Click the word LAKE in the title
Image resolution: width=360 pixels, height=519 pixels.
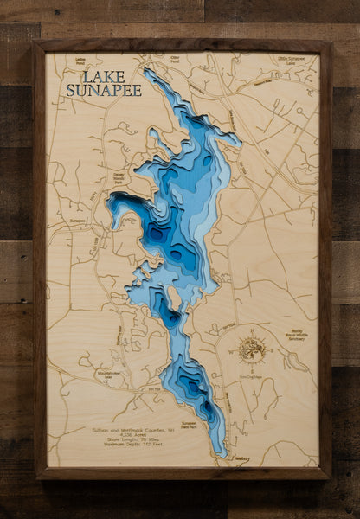[85, 76]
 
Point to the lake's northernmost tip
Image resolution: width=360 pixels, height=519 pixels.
[149, 71]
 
